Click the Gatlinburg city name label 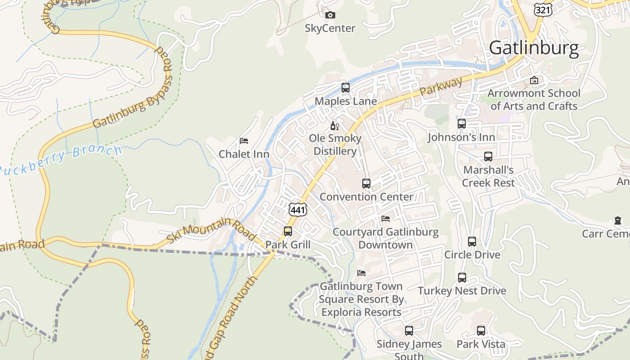click(534, 48)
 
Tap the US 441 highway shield click(298, 209)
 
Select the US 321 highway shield click(541, 9)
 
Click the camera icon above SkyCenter click(330, 15)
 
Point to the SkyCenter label click(330, 28)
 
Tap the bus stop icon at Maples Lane click(345, 88)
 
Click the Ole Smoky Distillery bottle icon click(334, 126)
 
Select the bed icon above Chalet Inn click(244, 141)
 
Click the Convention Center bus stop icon click(366, 184)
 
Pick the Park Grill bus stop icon click(288, 231)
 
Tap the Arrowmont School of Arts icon click(534, 81)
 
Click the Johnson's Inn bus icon click(462, 124)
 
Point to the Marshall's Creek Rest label click(488, 176)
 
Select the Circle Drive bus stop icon click(472, 242)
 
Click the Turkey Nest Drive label click(462, 291)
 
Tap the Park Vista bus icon click(481, 331)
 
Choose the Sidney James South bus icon click(409, 331)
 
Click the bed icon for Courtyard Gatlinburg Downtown click(386, 219)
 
